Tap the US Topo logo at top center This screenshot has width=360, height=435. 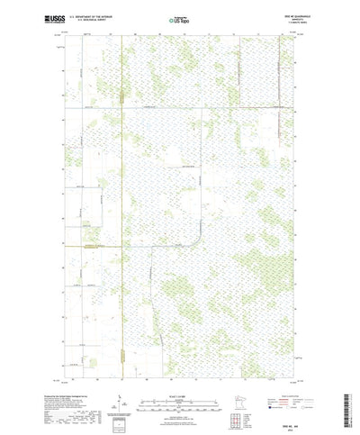point(179,19)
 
